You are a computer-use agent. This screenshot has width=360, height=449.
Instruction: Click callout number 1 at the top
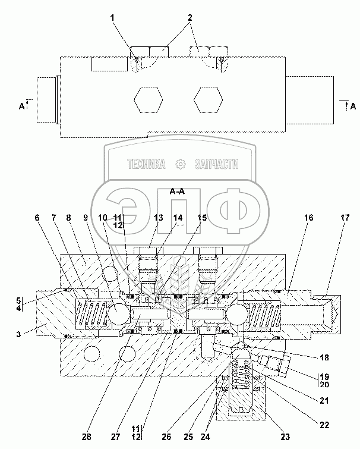pos(112,18)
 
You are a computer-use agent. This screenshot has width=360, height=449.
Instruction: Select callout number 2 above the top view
pos(190,18)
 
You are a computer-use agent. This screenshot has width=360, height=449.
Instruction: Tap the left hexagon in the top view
pos(149,100)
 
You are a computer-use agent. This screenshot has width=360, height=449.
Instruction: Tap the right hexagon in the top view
pos(208,100)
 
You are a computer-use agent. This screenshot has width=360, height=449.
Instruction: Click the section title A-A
pos(177,191)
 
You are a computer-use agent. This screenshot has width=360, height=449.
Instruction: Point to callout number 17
pos(345,218)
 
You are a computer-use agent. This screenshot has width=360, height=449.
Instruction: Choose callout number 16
pos(309,218)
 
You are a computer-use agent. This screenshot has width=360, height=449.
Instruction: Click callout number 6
pos(37,218)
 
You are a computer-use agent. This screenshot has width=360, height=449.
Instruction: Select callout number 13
pos(158,218)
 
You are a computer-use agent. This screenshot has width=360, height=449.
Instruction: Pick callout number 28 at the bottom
pos(86,437)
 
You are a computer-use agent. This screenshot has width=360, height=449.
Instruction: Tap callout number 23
pos(285,437)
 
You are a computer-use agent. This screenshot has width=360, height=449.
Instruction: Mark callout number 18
pos(324,357)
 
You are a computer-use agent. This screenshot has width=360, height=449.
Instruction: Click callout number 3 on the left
pos(18,334)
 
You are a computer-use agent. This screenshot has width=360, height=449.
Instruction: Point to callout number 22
pos(324,425)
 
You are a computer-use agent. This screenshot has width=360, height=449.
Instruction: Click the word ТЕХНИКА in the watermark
pos(146,164)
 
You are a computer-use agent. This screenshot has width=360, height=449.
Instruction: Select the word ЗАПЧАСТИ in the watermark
pos(216,164)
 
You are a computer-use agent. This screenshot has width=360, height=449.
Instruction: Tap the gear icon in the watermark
pos(181,164)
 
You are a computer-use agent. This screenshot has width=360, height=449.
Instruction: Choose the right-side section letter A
pos(353,106)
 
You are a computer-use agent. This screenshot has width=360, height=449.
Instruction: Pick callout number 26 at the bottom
pos(166,437)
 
